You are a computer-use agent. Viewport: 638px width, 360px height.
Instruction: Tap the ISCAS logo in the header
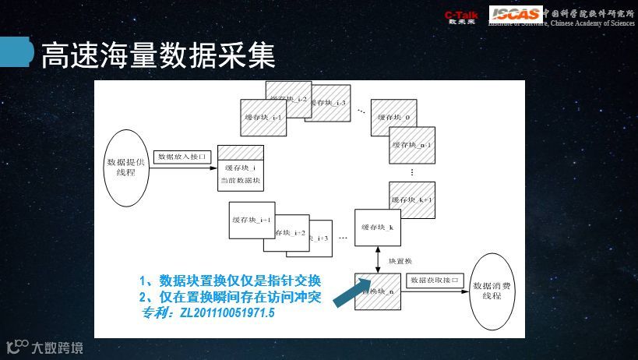515,14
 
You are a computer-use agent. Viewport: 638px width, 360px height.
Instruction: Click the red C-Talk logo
460,16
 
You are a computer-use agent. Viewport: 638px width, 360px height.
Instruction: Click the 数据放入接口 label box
183,157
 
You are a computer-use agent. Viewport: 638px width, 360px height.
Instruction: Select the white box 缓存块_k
378,227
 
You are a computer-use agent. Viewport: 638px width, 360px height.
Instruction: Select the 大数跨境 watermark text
57,348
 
